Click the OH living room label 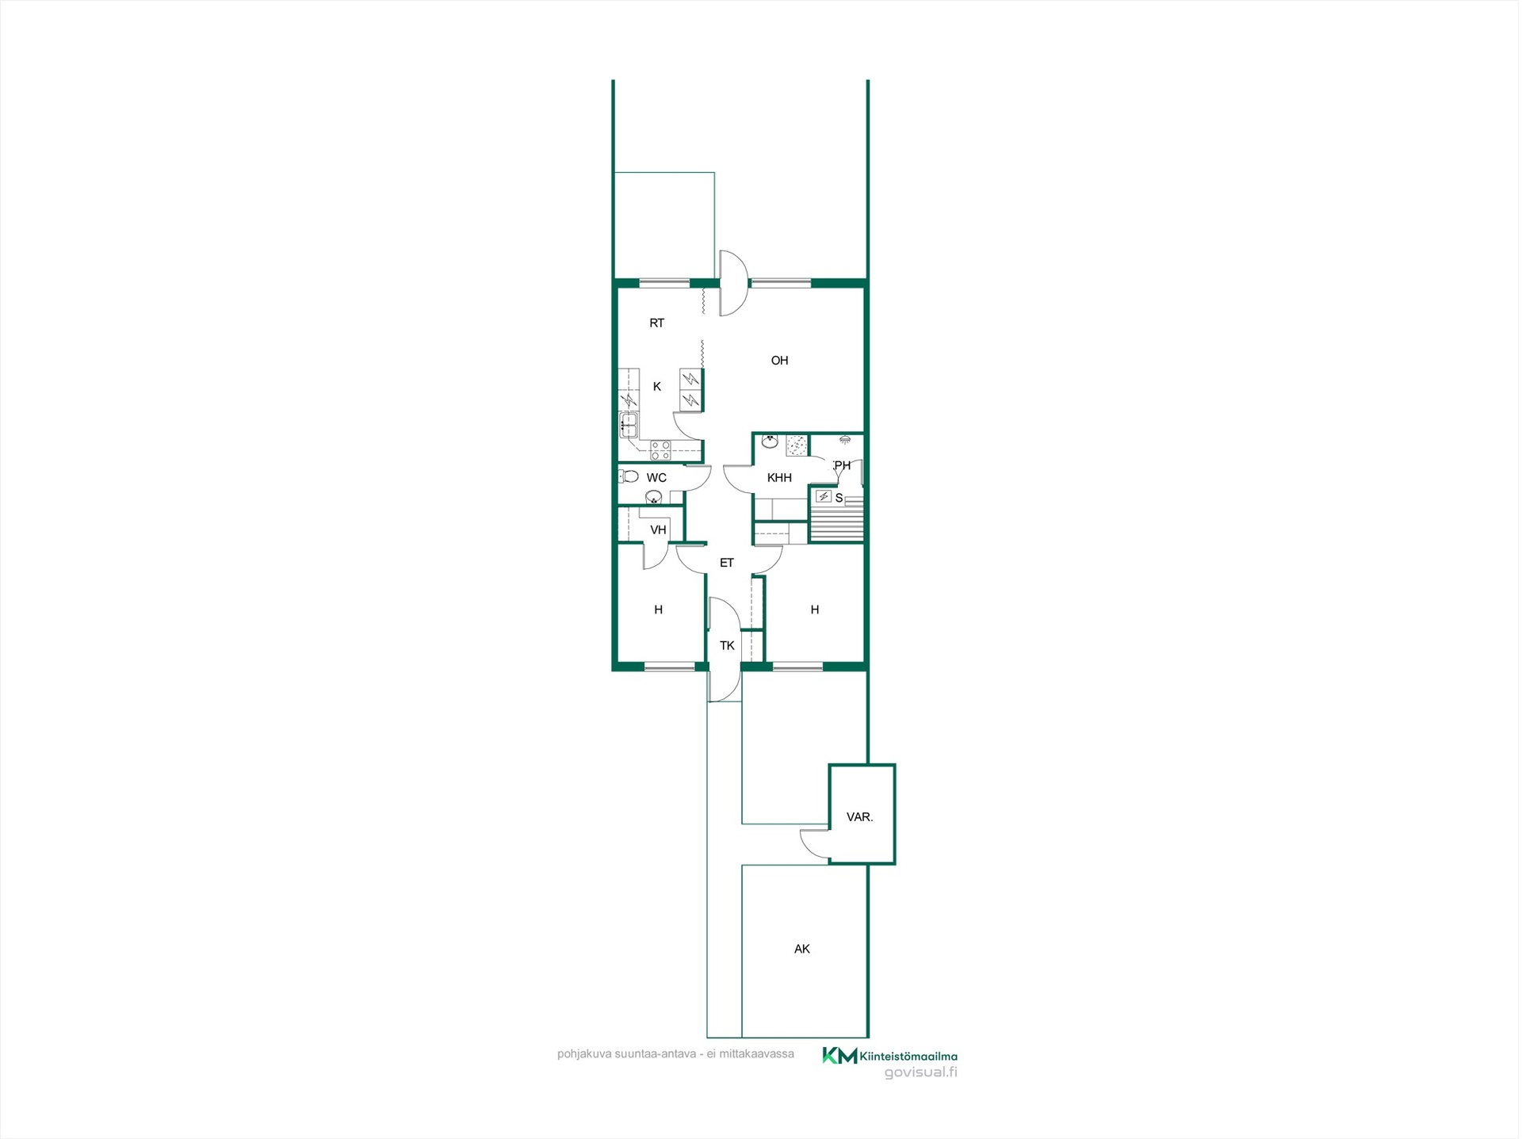pos(780,361)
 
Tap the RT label pos(657,323)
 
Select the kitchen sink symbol pos(629,426)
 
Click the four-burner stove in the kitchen pos(660,451)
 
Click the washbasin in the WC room pos(654,498)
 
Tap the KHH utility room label pos(780,478)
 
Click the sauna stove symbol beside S pos(824,497)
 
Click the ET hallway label pos(727,564)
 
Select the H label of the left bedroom pos(659,610)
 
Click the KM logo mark pos(839,1056)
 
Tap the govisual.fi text pos(921,1072)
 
